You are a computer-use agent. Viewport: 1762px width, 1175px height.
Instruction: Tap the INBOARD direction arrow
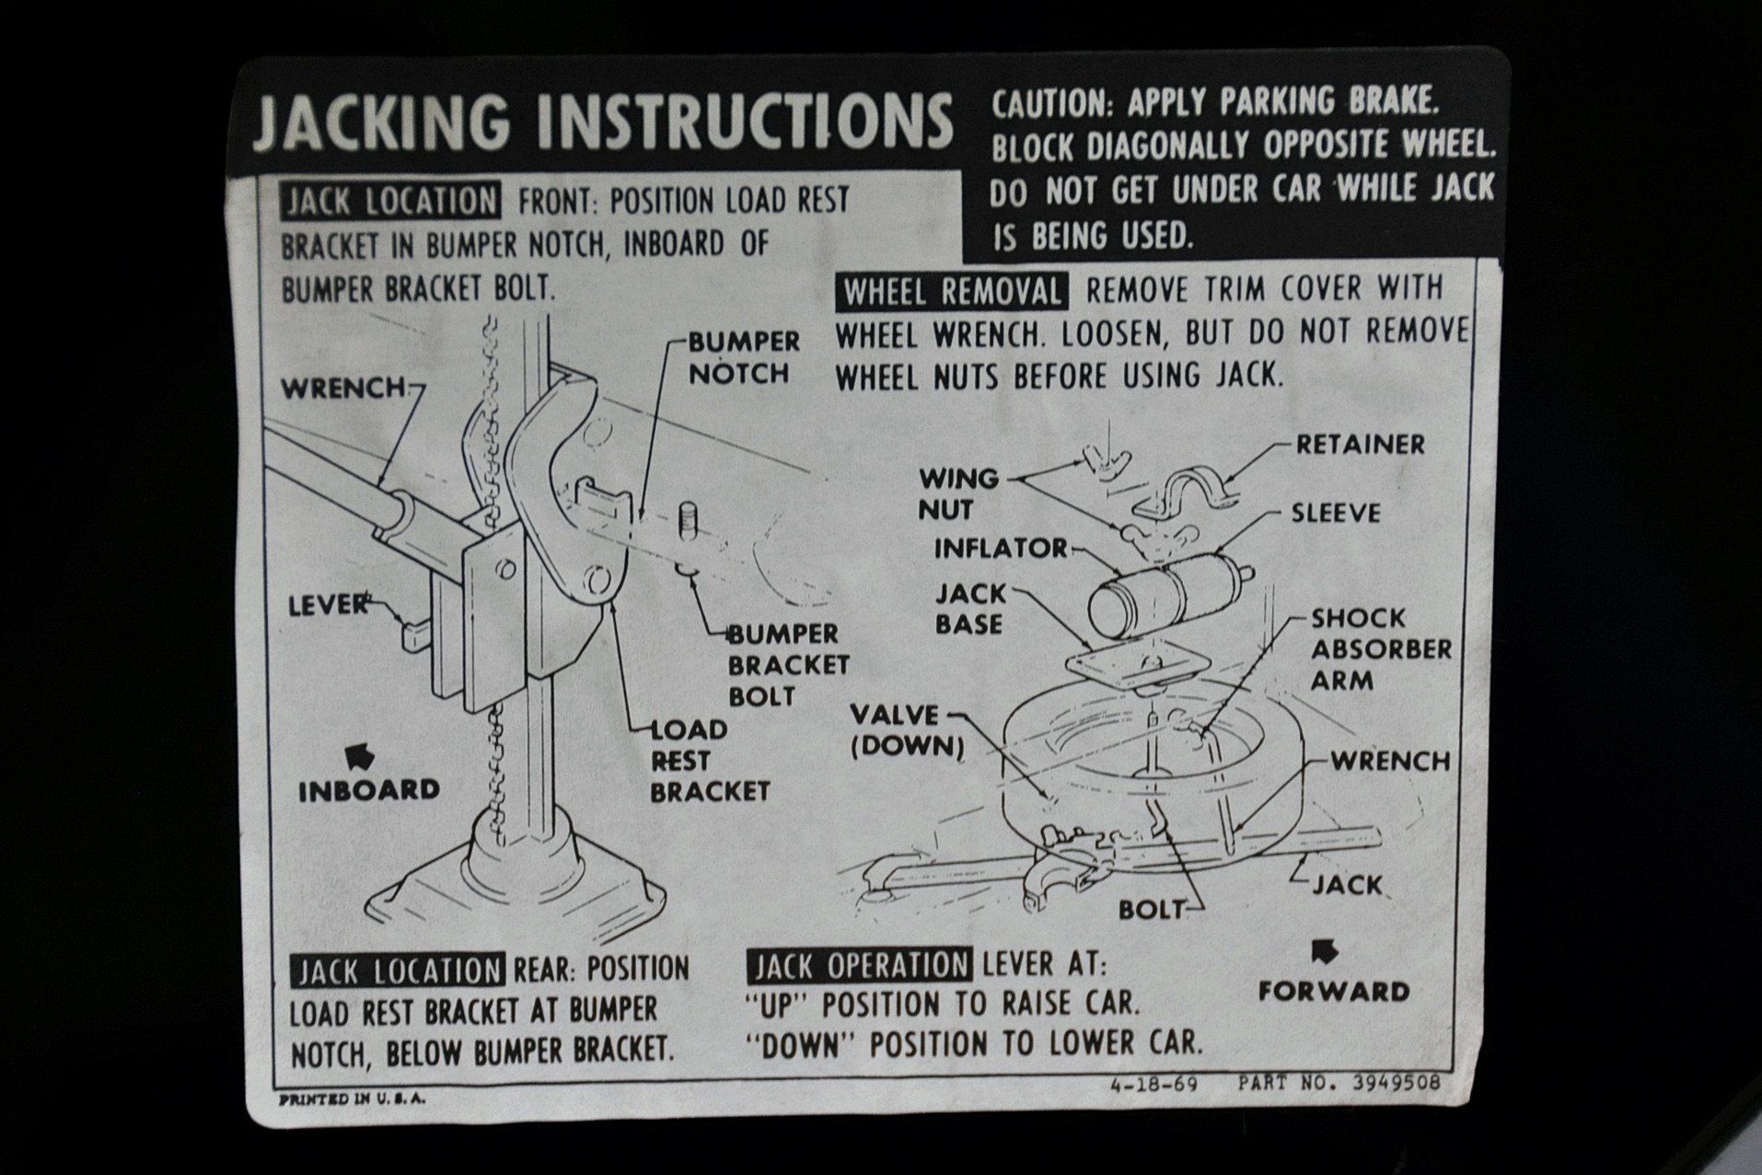[356, 756]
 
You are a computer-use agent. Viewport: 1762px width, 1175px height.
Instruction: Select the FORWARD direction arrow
[1325, 953]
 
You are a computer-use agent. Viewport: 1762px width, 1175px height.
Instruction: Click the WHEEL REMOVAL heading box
[952, 292]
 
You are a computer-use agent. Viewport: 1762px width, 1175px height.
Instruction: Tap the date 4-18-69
[1154, 1084]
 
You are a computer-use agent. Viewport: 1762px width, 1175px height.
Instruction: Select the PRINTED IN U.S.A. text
[353, 1099]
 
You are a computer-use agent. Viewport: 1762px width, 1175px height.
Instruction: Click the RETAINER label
[1360, 445]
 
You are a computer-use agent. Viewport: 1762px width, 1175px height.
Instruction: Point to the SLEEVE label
[1336, 513]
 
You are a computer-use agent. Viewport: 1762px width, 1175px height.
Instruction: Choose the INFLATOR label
[1001, 549]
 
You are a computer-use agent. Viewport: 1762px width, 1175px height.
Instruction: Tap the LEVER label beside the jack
[329, 605]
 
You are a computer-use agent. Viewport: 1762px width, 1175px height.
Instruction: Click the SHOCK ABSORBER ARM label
[1381, 649]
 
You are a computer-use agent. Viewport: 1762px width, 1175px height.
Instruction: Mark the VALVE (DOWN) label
[907, 730]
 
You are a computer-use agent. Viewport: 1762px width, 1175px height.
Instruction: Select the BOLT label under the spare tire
[1151, 910]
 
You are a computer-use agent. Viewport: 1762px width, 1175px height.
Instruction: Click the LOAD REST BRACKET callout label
[709, 761]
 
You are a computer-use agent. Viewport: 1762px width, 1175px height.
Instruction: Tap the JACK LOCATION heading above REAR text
[398, 971]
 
